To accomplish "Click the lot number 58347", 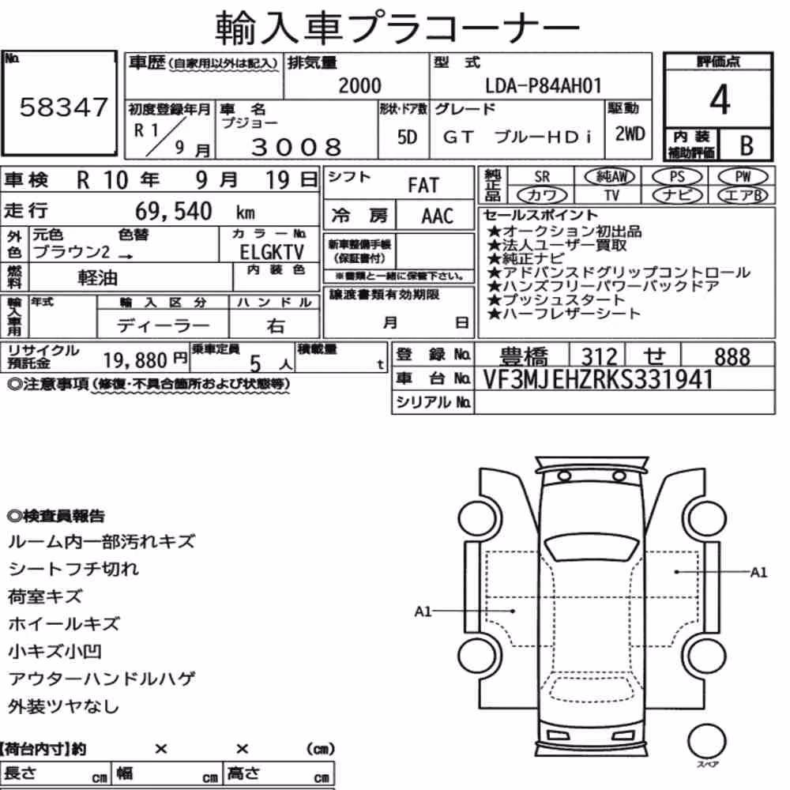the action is coord(63,107).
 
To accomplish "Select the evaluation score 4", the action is coord(720,100).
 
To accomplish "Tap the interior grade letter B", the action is coord(747,145).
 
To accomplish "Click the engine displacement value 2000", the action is coord(359,85).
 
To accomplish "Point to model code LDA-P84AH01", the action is coord(544,85).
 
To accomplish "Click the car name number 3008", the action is coord(296,147).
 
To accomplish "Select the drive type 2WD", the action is coord(630,134).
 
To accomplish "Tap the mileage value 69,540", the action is coord(173,211).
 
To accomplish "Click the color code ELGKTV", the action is coord(272,251).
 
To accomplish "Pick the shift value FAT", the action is coord(423,185).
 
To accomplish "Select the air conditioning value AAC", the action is coord(438,216).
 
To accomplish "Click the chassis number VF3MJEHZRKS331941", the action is coord(598,380).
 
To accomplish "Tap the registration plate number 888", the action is coord(732,356).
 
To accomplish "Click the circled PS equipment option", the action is coord(677,176).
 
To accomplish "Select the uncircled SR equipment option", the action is coord(542,177).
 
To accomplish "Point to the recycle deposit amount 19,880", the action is coord(135,359).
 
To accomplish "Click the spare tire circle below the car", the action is coord(706,742).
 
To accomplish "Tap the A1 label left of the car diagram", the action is coord(423,611).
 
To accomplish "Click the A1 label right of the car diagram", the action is coord(758,572).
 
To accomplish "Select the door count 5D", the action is coord(407,137).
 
